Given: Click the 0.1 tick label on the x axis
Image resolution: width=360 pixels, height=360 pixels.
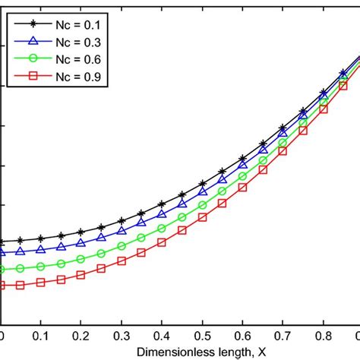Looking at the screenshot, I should (x=41, y=336).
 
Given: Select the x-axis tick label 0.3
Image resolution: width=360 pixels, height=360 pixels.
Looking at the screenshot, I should (x=122, y=336).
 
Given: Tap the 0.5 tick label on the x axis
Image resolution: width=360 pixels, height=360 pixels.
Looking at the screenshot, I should (x=202, y=336).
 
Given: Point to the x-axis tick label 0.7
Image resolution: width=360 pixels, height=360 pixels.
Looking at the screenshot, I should (x=283, y=336).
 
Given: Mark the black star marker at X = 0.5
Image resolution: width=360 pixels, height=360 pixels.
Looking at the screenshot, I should (x=202, y=183).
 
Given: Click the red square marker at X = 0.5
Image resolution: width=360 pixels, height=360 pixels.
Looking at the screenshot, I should (x=202, y=217).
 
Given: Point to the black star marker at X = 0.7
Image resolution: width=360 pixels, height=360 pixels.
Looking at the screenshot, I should (x=283, y=128).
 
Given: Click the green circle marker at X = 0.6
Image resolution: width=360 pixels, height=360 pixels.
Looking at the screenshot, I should (x=242, y=176).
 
